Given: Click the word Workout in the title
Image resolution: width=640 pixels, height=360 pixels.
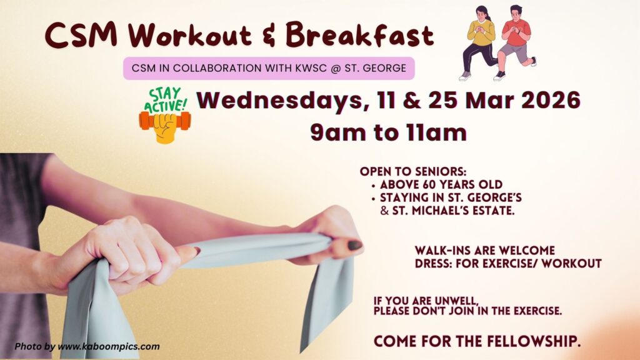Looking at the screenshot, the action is click(x=189, y=35).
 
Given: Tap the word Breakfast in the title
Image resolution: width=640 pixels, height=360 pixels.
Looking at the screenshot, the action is click(x=359, y=34).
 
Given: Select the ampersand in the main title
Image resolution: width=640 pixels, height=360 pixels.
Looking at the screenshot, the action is click(x=268, y=36).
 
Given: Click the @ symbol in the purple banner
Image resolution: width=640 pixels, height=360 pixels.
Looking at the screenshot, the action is click(x=336, y=68).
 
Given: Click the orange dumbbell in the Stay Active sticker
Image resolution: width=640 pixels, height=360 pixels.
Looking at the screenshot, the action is click(x=165, y=121).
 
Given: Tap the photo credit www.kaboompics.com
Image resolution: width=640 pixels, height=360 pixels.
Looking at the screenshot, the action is click(x=109, y=346).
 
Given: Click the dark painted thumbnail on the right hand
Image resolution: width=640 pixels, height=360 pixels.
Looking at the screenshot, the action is click(x=354, y=245).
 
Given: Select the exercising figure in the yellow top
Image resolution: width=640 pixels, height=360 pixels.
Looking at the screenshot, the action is click(x=480, y=43).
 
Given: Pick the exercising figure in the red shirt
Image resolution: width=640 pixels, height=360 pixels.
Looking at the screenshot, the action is click(x=514, y=43).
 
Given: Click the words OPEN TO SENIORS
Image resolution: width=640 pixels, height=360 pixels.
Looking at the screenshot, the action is click(x=412, y=171).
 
